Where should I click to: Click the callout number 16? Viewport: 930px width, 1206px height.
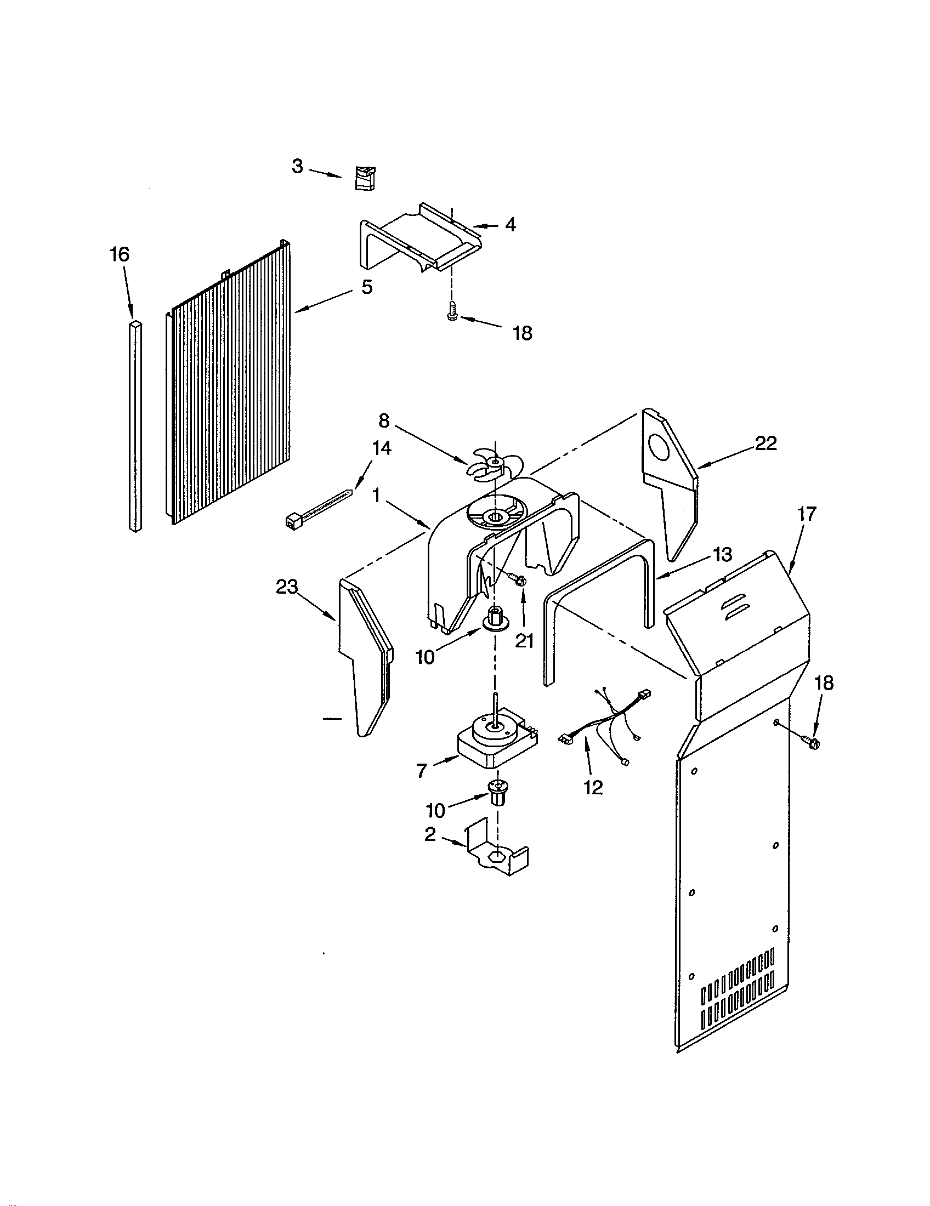tap(120, 254)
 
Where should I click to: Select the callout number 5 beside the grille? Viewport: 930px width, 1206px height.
tap(367, 287)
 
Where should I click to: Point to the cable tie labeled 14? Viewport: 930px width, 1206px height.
tap(318, 505)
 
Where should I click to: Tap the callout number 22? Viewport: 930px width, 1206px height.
tap(765, 443)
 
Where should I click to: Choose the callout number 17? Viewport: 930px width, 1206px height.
tap(806, 514)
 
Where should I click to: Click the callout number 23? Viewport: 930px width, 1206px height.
tap(287, 587)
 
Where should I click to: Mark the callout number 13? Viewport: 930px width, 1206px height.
tap(722, 554)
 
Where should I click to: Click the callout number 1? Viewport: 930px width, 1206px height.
tap(376, 496)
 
